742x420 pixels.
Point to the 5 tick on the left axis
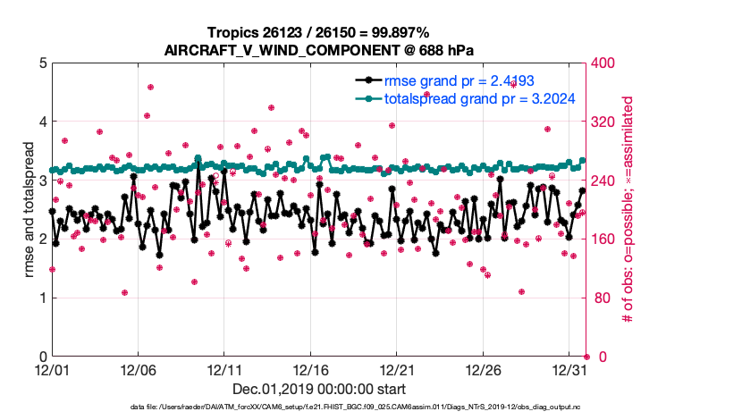42,63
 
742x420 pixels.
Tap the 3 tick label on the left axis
42,181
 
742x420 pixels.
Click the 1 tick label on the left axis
42,298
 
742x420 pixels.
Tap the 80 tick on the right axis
599,298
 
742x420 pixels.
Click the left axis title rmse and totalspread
28,210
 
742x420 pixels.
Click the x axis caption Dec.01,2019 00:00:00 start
319,390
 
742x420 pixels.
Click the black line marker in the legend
367,80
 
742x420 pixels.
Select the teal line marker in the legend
367,98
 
